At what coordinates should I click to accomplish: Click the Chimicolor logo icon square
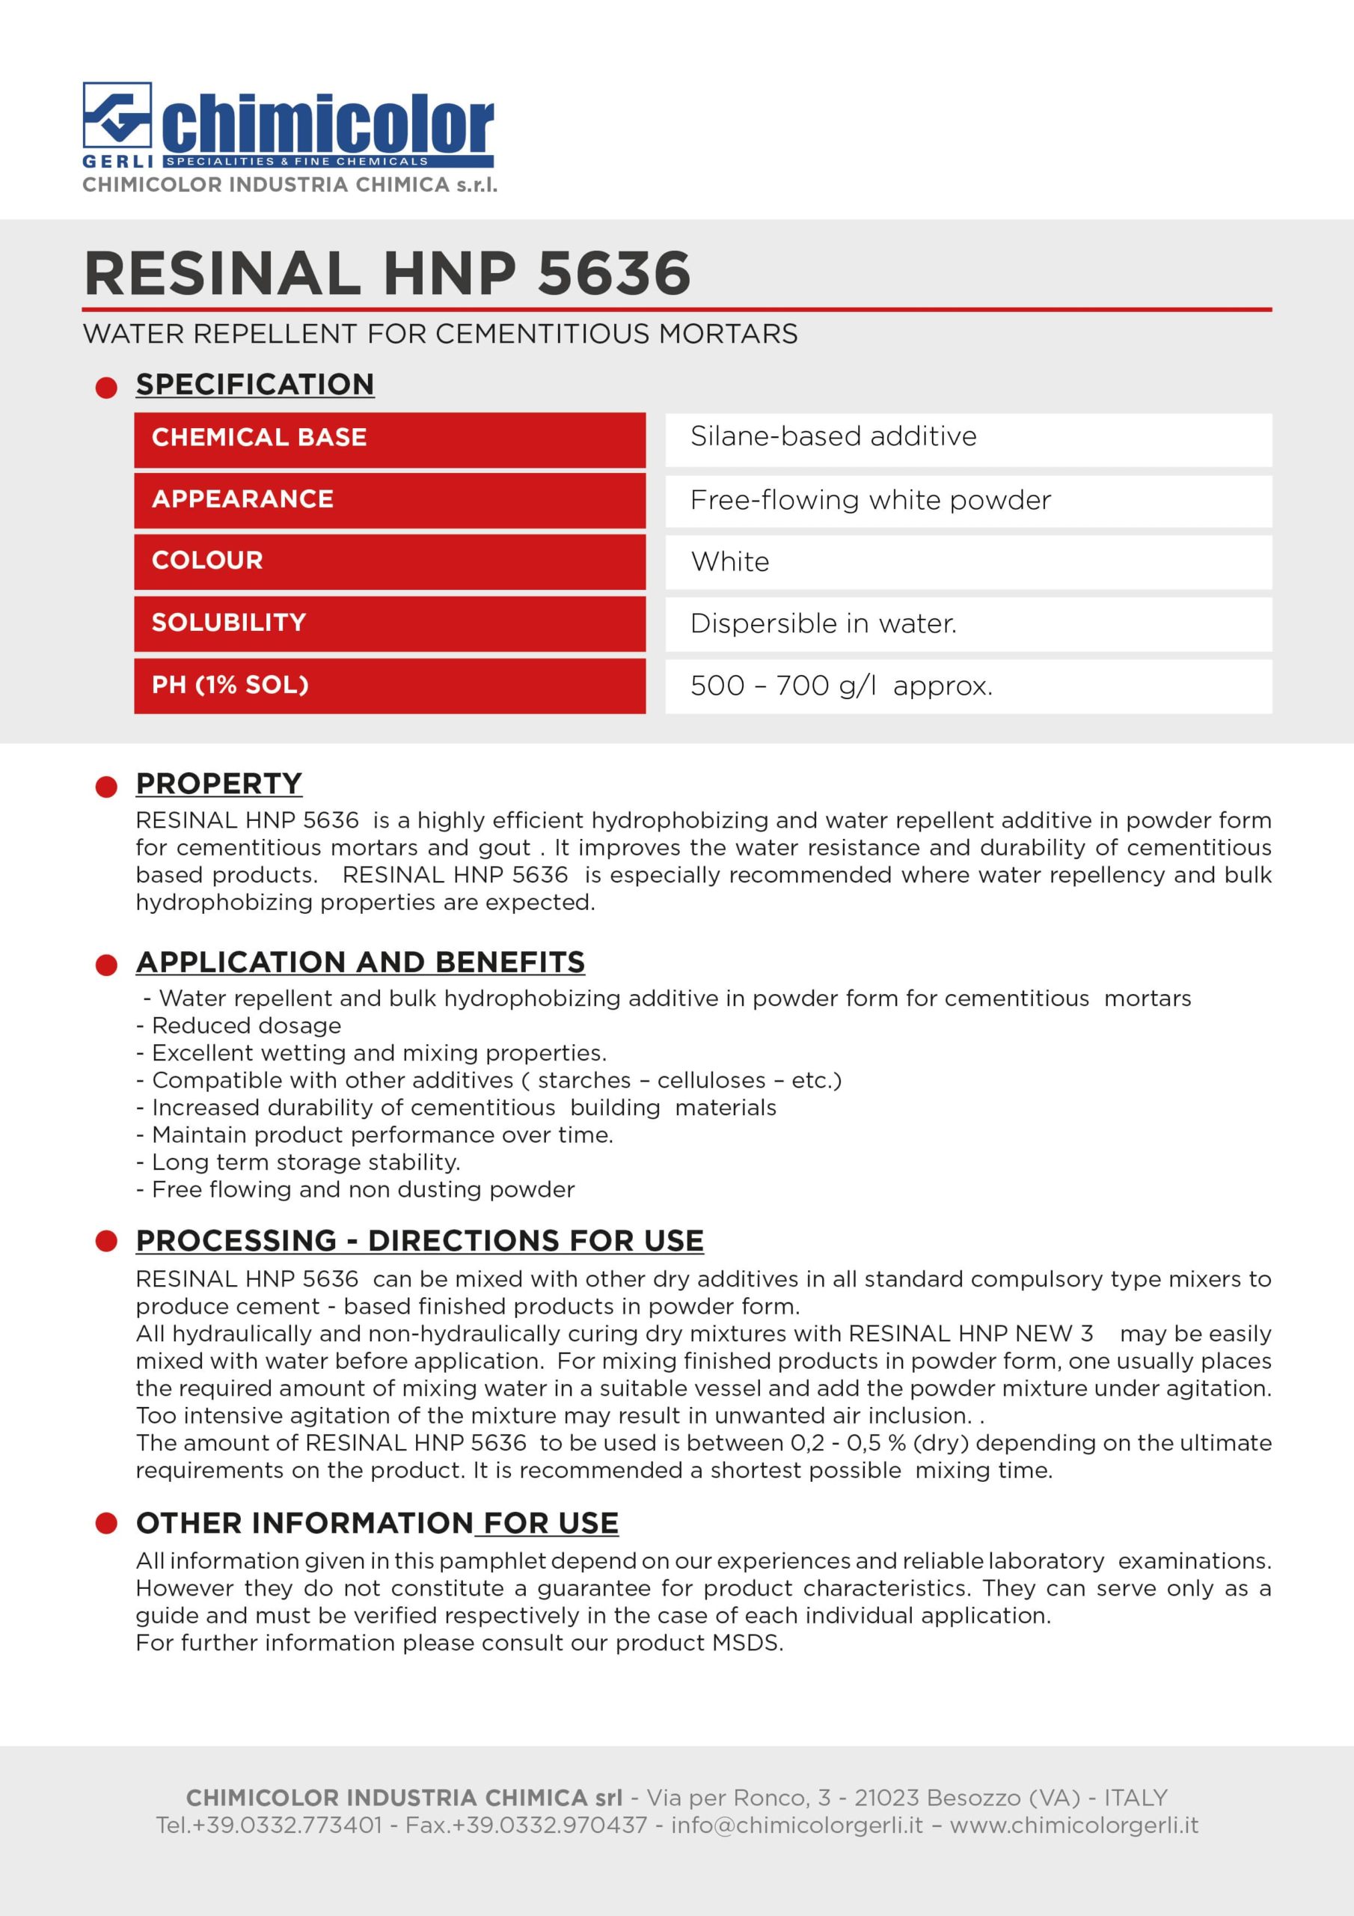(x=117, y=116)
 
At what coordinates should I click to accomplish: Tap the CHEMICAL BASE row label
(x=260, y=437)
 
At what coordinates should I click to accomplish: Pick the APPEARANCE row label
(x=243, y=499)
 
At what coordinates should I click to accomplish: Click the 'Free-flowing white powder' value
(x=870, y=500)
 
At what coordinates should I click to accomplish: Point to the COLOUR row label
(x=208, y=560)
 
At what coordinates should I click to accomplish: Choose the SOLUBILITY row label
(x=230, y=623)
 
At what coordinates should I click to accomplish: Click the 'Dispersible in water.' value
(x=824, y=623)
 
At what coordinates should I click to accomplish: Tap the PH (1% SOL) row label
(x=230, y=685)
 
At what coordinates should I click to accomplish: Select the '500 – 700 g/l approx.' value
(x=841, y=686)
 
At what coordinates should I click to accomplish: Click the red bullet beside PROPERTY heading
(x=107, y=786)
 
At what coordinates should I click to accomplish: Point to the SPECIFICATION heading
(x=255, y=384)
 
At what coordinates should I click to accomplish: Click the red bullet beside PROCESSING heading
(x=107, y=1241)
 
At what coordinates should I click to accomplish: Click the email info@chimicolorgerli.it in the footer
(x=797, y=1825)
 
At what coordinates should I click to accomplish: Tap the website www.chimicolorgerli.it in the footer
(x=1073, y=1825)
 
